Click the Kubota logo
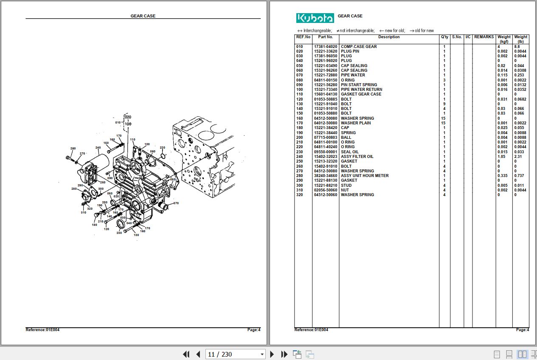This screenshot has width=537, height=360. [315, 18]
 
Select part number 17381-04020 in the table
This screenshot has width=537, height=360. [326, 47]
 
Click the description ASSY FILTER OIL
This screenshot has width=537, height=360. [357, 157]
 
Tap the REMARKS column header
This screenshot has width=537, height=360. [484, 37]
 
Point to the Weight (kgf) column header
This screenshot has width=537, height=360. [504, 39]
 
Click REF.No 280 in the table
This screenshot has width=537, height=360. [300, 176]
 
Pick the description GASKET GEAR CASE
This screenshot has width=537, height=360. [361, 94]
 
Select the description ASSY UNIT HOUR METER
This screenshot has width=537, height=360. [365, 176]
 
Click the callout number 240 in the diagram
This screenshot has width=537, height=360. [98, 148]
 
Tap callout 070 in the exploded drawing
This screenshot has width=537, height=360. [176, 203]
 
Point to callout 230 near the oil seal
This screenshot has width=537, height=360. [119, 233]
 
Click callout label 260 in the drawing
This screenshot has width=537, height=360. [73, 149]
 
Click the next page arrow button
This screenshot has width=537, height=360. [272, 354]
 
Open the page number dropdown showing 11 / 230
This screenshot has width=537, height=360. [236, 354]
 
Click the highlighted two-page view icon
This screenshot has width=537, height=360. [522, 354]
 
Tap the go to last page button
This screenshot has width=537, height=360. [284, 354]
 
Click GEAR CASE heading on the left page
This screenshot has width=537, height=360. [143, 16]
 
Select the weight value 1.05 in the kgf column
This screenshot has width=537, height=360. [501, 157]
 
